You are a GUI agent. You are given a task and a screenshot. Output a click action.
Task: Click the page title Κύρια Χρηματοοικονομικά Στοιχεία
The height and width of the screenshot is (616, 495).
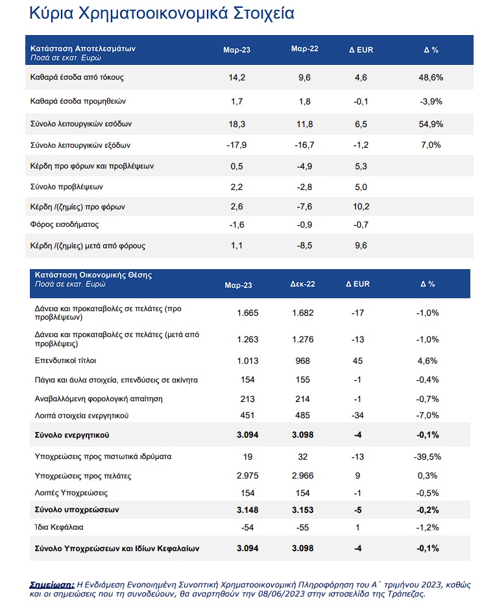(x=162, y=14)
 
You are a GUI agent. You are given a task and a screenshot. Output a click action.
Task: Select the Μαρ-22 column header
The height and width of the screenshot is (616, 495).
(x=305, y=49)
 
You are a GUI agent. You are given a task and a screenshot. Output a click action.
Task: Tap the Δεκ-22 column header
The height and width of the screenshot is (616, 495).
(x=303, y=284)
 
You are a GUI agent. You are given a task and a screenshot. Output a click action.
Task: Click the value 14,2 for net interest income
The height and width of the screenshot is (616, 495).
(x=237, y=77)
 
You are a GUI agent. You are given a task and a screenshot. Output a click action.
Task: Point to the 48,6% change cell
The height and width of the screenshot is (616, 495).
(x=431, y=77)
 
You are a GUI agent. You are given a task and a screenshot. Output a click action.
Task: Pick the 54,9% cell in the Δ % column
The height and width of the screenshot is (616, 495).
(x=431, y=124)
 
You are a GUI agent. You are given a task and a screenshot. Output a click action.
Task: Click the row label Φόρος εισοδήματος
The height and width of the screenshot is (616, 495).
(x=64, y=225)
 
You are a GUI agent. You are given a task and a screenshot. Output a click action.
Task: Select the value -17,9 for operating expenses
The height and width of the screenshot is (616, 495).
(x=237, y=145)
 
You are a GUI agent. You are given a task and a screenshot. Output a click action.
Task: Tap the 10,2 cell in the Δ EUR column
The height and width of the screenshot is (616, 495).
(x=361, y=207)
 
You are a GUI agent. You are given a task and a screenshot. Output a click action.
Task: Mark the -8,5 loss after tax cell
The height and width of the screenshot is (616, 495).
(x=305, y=246)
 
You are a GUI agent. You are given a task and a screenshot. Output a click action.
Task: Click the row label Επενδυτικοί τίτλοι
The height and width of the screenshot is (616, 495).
(x=66, y=361)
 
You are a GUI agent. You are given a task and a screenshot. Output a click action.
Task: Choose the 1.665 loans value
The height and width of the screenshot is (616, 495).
(x=248, y=313)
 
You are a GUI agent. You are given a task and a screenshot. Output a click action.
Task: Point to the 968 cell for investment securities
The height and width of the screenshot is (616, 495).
(x=303, y=361)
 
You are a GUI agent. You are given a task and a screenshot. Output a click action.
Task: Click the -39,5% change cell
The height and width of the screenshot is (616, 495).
(x=428, y=457)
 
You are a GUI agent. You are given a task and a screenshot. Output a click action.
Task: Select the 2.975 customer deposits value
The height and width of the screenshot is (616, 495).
(x=248, y=476)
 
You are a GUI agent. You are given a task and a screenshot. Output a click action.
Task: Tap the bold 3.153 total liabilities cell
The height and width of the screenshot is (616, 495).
(x=303, y=510)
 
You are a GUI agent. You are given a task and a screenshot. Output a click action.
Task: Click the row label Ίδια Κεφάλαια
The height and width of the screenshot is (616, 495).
(x=59, y=527)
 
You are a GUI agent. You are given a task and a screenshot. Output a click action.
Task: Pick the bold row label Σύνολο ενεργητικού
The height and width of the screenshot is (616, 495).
(x=72, y=435)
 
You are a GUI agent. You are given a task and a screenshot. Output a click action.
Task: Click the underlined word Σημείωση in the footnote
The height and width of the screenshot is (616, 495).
(x=52, y=585)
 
